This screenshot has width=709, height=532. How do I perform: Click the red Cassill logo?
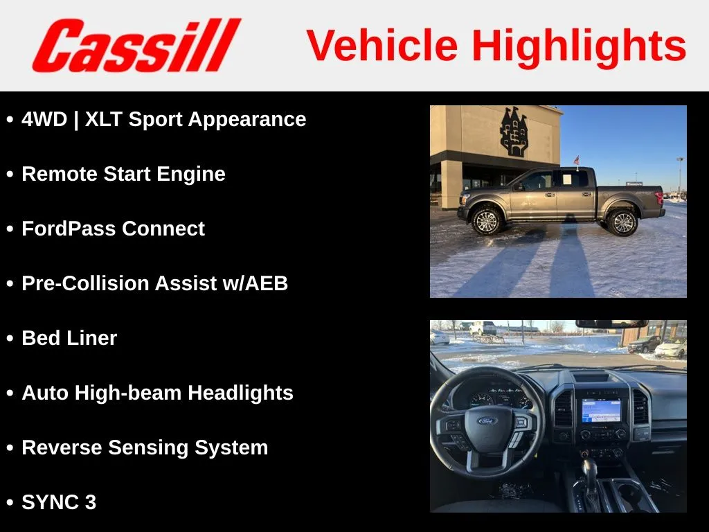point(136,45)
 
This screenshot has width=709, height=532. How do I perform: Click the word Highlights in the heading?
point(580,46)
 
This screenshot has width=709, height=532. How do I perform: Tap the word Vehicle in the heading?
point(382,45)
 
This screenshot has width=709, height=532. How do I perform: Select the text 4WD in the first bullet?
point(44,119)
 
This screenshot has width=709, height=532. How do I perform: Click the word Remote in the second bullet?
point(60,174)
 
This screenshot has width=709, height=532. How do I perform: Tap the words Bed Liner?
point(69,338)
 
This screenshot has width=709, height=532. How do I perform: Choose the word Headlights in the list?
point(240,393)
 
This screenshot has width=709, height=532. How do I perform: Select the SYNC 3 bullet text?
point(59,502)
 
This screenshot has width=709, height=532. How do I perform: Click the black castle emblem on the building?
point(514,132)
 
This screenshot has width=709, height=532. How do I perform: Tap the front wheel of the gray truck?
point(487,221)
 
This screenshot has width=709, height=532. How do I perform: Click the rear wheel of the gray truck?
point(623,222)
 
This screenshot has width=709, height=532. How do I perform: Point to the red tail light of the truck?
point(660,197)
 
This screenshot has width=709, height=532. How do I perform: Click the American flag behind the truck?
point(577,160)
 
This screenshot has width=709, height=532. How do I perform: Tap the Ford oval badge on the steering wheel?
point(487,420)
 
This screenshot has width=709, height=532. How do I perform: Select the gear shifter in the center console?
point(589,472)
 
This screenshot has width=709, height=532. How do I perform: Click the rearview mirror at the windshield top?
point(611,324)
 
